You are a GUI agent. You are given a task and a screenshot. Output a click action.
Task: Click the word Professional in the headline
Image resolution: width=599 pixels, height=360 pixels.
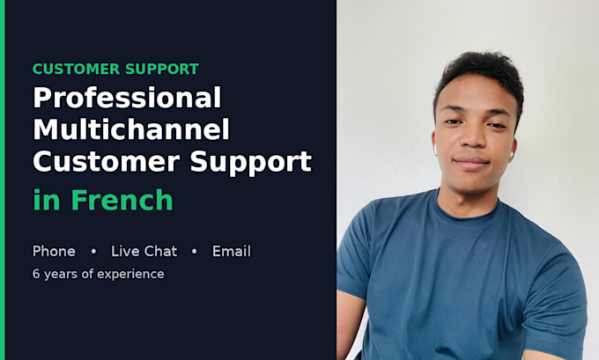[127, 97]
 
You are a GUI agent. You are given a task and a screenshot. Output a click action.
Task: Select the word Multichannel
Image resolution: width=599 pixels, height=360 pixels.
[131, 129]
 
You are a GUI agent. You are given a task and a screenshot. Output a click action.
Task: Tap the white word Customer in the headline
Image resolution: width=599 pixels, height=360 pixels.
[107, 161]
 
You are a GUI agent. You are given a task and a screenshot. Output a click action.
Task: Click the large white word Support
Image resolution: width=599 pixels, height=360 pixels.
[251, 163]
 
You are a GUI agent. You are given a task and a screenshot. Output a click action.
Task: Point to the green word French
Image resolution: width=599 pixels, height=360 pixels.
[122, 200]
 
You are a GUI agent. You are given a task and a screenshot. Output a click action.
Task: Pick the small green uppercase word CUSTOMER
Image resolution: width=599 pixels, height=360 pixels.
[76, 70]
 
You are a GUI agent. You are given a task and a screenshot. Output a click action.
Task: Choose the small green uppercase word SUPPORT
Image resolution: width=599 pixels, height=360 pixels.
[162, 70]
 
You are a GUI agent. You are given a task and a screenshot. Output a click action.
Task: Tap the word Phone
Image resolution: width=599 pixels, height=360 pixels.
[54, 251]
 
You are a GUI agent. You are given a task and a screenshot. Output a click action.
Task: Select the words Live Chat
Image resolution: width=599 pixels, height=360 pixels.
[144, 251]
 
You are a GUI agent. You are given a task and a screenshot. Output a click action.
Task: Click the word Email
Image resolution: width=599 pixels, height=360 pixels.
[232, 251]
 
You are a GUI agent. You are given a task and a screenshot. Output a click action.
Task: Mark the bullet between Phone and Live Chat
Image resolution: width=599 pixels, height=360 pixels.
[93, 252]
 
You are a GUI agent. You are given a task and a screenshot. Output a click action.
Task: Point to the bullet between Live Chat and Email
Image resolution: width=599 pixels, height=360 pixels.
[195, 252]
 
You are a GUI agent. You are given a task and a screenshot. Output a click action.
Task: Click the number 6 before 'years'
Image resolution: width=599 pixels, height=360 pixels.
[36, 274]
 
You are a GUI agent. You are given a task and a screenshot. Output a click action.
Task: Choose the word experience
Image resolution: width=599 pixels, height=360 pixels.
[130, 275]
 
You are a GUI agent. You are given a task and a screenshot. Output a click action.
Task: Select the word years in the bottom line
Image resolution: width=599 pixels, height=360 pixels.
[61, 275]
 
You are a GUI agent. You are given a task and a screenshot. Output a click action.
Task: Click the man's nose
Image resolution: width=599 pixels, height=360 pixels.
[472, 136]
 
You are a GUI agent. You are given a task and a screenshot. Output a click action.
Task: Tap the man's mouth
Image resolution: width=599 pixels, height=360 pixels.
[471, 161]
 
